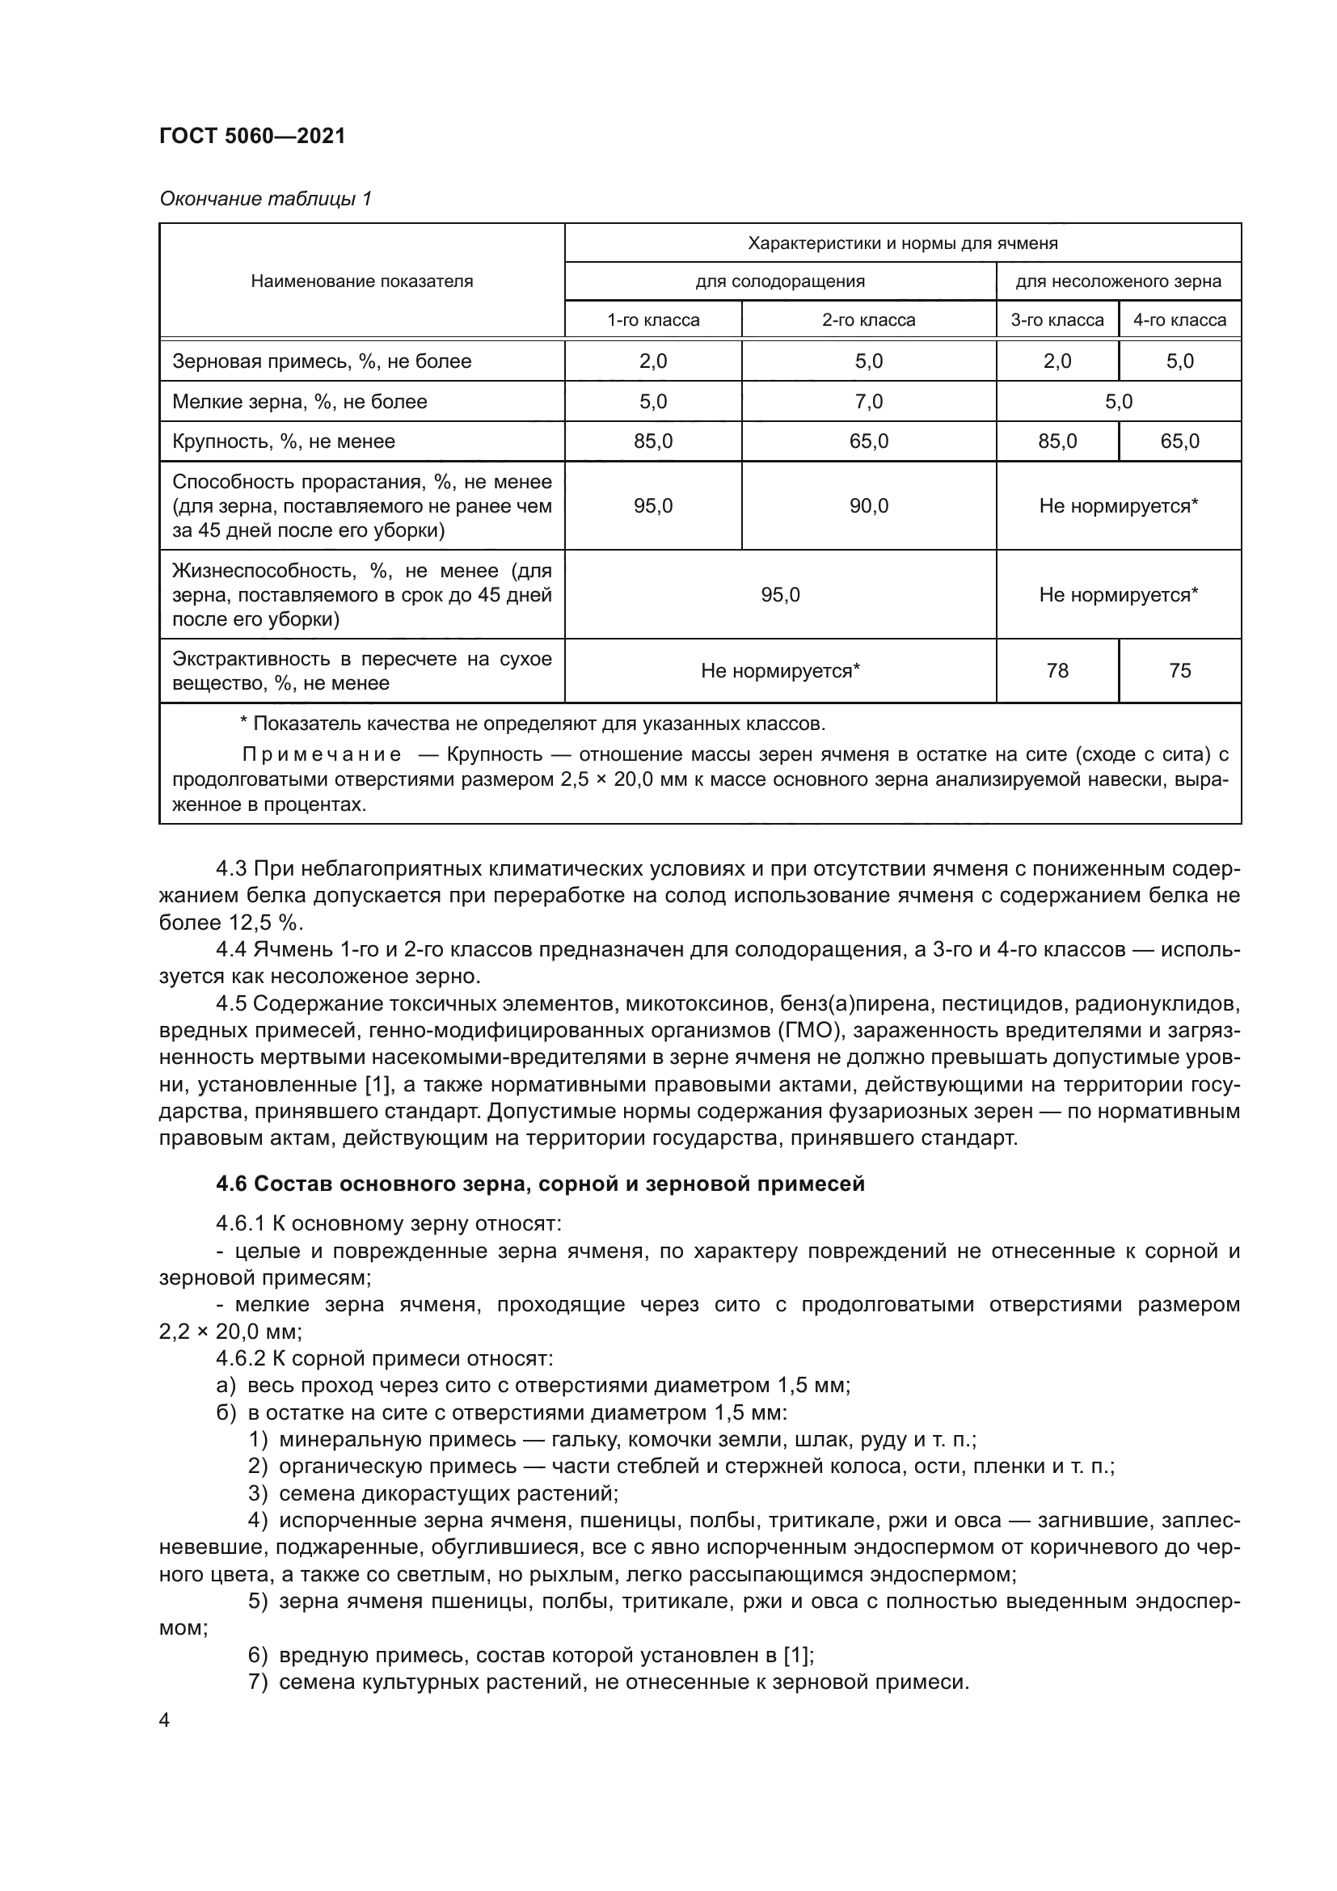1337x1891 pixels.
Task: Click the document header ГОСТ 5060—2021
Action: pos(252,136)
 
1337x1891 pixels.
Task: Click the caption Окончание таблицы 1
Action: pos(265,199)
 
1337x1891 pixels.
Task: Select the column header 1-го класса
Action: pos(653,319)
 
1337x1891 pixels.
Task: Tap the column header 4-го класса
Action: pos(1179,319)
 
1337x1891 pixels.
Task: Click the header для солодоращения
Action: pos(779,281)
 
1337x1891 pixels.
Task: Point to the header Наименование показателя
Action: pos(361,281)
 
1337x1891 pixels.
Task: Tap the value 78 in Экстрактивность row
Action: pos(1057,671)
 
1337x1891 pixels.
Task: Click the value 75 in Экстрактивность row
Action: pos(1179,671)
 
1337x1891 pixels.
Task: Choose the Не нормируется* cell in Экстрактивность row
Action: pos(779,671)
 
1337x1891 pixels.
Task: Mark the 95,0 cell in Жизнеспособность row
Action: pos(779,595)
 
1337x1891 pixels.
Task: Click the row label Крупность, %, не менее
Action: pos(283,441)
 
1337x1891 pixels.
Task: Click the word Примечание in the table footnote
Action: pos(322,754)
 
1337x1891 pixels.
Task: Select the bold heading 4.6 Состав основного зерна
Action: pos(540,1184)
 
